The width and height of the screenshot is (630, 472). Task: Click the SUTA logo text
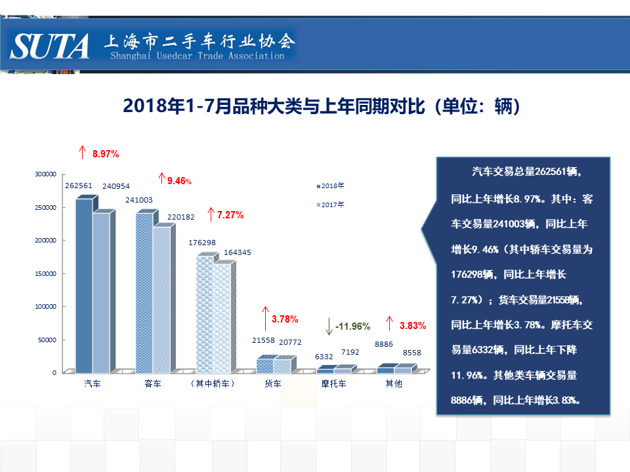click(x=49, y=46)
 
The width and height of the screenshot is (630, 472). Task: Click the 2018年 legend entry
click(x=330, y=186)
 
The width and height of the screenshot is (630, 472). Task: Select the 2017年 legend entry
click(x=330, y=205)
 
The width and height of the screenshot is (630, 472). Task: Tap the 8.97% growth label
click(x=106, y=154)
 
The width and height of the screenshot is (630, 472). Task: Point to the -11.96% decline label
click(x=352, y=326)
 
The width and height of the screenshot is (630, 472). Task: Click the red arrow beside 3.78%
click(x=265, y=319)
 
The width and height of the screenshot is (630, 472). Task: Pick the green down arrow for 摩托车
click(x=329, y=326)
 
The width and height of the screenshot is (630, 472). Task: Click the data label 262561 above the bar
click(x=79, y=186)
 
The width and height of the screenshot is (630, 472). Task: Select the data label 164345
click(x=238, y=252)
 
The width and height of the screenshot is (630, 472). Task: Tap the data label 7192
click(x=350, y=352)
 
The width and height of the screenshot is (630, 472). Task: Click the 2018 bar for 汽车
click(x=85, y=286)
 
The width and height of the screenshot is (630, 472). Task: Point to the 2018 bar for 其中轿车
click(x=205, y=315)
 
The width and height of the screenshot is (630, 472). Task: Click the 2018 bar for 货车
click(x=265, y=366)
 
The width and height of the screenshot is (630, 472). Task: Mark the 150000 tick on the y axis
click(x=45, y=274)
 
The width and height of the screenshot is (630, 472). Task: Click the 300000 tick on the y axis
click(x=45, y=174)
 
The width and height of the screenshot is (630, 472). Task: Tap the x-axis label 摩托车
click(x=333, y=383)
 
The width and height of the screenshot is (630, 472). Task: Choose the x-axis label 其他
click(x=394, y=383)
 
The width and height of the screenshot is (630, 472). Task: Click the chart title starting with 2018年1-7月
click(x=322, y=106)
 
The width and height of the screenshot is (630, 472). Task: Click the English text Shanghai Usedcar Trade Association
click(x=198, y=56)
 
